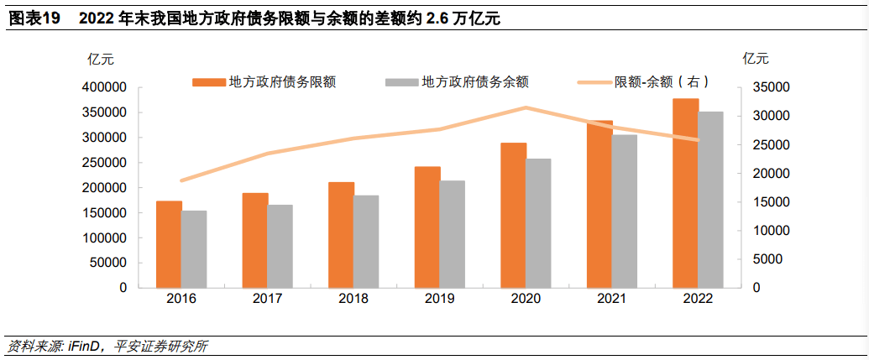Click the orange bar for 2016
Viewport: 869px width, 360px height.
coord(169,244)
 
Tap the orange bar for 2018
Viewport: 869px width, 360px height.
coord(341,234)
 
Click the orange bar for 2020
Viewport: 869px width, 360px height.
coord(513,215)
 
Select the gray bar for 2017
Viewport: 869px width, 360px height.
coord(280,246)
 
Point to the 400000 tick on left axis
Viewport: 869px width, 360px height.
coord(106,87)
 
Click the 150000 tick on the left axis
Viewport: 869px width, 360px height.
coord(106,212)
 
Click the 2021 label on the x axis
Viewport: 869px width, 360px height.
coord(612,300)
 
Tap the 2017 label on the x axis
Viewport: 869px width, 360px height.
coord(268,300)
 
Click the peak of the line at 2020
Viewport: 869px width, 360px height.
coord(526,107)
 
